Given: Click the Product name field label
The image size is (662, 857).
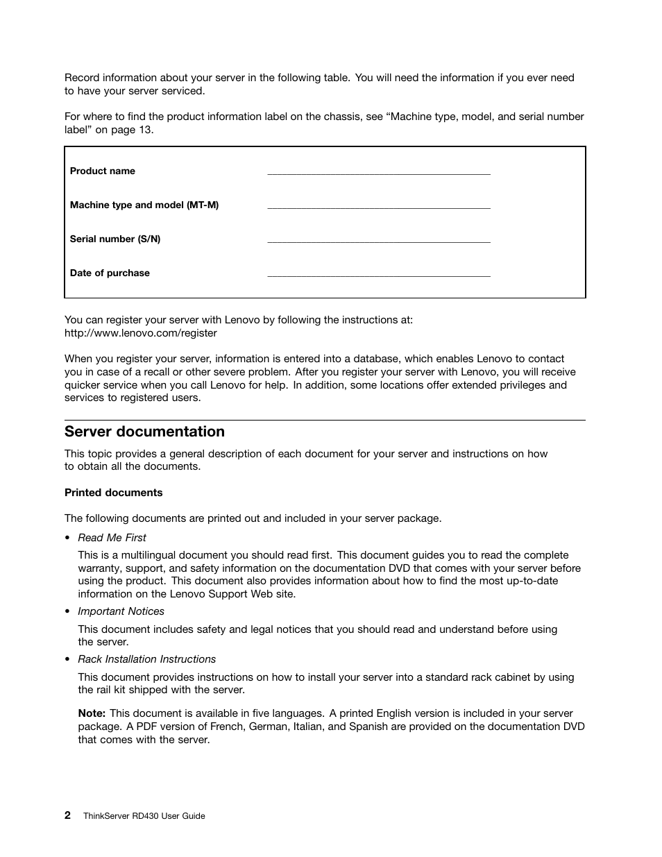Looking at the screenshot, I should click(103, 171).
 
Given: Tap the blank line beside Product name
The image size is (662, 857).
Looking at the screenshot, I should click(378, 173).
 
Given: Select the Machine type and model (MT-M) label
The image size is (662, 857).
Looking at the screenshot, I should click(144, 205).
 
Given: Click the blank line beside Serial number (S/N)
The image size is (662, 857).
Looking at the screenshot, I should click(378, 241).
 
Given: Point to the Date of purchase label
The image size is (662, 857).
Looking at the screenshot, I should click(110, 273).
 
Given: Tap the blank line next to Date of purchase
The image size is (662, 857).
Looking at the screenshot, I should click(378, 275).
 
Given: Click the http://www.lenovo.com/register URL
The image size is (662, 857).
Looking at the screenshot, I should click(141, 333).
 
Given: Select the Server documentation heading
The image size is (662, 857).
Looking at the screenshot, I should click(144, 432).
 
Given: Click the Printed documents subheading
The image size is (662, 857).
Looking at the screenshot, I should click(113, 493).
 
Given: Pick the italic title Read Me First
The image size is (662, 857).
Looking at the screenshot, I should click(112, 538).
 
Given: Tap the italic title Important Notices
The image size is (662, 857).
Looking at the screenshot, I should click(121, 611).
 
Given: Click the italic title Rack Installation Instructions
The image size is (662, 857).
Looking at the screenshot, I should click(146, 659).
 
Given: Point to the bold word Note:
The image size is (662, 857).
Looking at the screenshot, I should click(92, 713).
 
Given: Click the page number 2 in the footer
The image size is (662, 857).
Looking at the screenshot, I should click(67, 815).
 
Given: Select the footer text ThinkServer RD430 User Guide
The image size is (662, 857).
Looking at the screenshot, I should click(144, 816).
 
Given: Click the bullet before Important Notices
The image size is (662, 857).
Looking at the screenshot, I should click(67, 612).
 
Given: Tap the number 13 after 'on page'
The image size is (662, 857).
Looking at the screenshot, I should click(145, 130).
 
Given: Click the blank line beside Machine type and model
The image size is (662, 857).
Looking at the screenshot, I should click(378, 207).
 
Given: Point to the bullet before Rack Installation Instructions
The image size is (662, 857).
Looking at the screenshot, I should click(67, 660).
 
